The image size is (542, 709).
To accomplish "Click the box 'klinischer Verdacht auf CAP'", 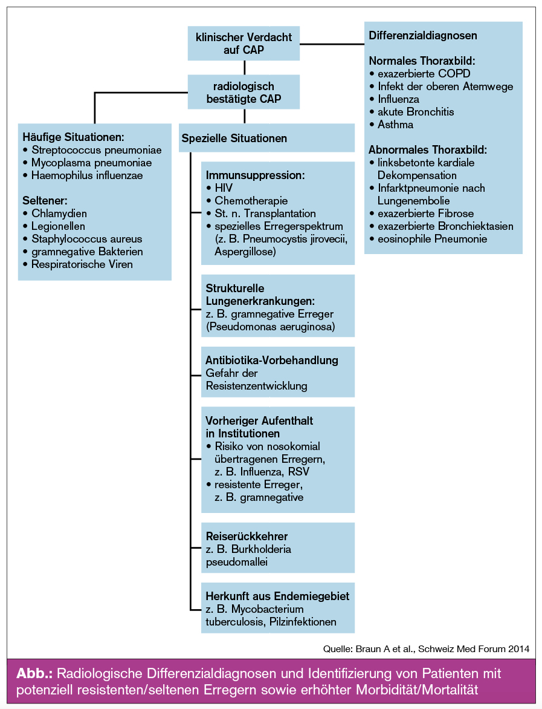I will point(244,44).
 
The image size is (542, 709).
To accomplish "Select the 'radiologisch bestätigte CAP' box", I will point(244,93).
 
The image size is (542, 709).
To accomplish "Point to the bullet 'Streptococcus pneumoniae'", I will point(89,150).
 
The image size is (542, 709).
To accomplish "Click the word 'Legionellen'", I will point(59,226).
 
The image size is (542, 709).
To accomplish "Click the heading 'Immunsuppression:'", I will point(254,175).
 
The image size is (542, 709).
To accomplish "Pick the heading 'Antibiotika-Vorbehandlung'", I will point(272,361).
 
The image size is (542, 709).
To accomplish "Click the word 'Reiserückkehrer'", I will point(247,537).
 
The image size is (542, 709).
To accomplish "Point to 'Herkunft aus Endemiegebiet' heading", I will point(277,596).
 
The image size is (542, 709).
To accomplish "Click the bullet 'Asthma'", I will point(396,125).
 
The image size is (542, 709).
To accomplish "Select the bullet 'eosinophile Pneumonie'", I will point(432,239).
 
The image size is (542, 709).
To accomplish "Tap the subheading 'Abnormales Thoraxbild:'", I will point(428,149).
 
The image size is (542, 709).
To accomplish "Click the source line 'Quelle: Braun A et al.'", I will point(426,649).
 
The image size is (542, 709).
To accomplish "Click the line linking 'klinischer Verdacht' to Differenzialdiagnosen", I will point(332,44).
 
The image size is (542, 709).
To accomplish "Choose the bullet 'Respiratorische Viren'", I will point(82,264).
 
